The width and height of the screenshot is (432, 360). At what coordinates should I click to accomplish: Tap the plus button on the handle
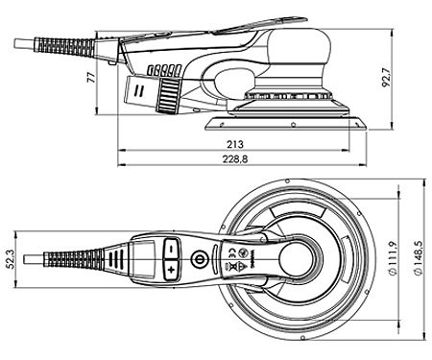[172, 272]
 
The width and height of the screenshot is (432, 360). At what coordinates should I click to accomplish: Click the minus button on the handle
[171, 247]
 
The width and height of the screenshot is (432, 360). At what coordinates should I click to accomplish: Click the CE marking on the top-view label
[231, 252]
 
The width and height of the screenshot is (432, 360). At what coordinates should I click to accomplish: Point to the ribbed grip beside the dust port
[170, 92]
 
